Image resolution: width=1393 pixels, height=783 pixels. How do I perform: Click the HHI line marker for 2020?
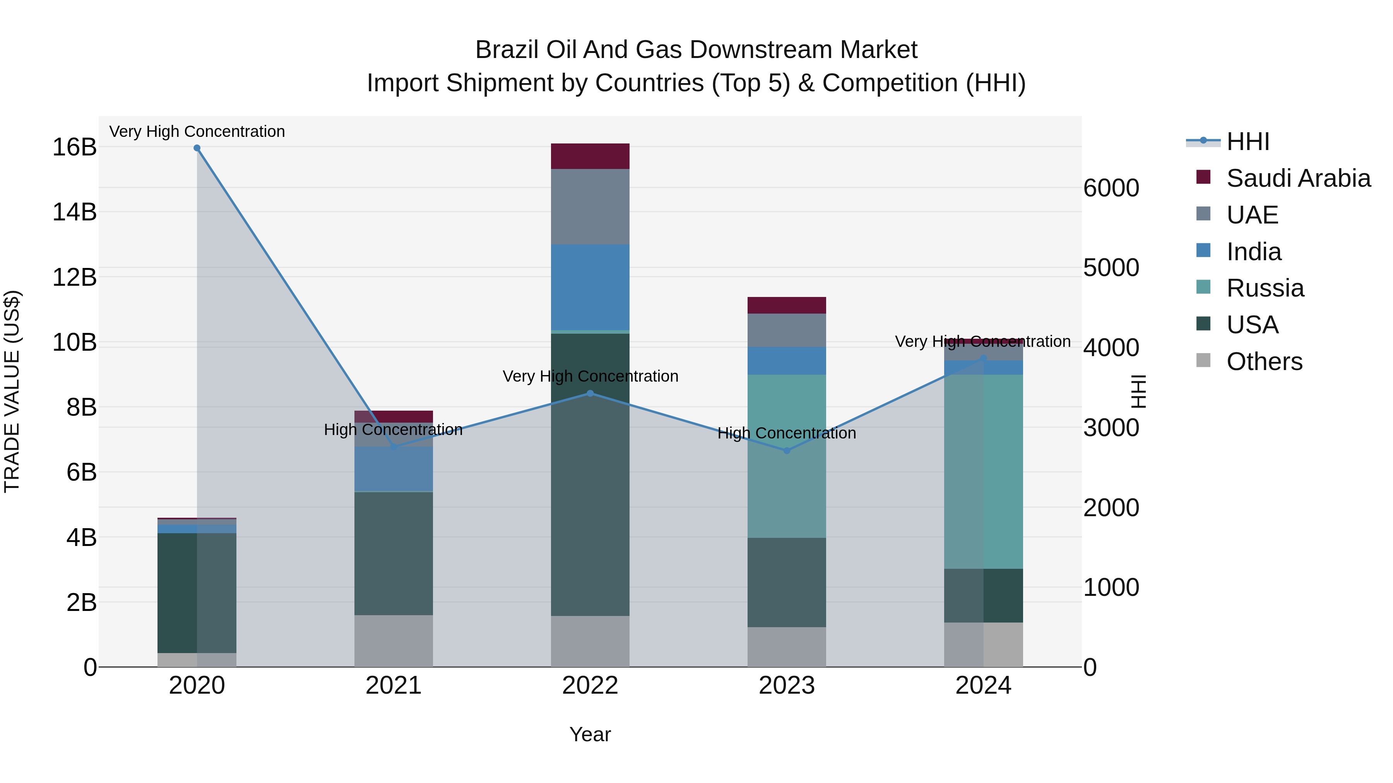point(197,148)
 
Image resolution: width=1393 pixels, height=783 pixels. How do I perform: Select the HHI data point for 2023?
point(787,451)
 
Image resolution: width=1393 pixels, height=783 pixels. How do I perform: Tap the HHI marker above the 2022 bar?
point(590,393)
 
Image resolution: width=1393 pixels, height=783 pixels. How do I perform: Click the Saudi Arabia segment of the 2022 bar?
point(590,156)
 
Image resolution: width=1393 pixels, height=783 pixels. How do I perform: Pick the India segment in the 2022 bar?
point(590,287)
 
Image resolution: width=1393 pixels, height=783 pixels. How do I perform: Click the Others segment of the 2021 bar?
point(393,640)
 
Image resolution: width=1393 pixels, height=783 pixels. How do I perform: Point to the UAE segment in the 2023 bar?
point(787,330)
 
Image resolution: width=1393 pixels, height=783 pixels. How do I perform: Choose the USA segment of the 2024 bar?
point(983,595)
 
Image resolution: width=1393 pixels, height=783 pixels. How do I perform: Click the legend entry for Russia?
point(1265,288)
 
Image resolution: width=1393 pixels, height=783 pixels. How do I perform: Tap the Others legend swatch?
point(1203,360)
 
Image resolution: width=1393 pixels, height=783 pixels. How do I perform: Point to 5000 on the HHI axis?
point(1111,268)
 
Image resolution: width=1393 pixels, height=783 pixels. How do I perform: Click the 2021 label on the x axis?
point(393,686)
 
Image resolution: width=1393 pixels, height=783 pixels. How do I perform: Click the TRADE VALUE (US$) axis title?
point(12,391)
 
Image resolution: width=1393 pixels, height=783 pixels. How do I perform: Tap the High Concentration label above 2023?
point(787,433)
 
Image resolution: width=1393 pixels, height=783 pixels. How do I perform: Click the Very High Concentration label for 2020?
point(197,132)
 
